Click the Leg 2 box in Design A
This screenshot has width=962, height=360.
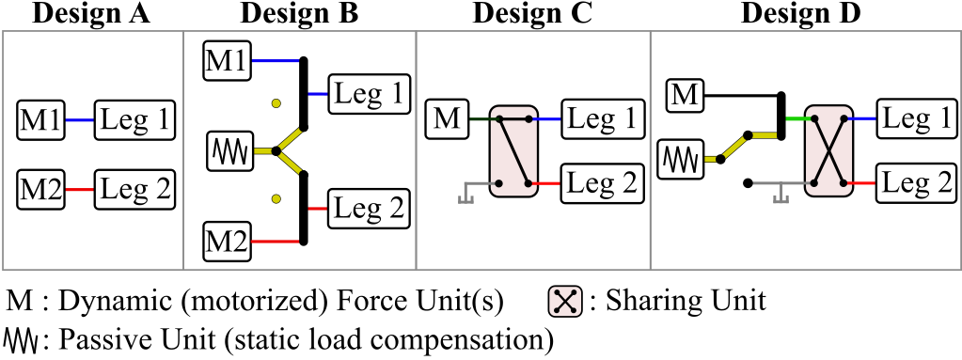coord(135,190)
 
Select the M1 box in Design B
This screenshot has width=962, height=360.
coord(226,60)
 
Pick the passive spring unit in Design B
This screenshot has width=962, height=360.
coord(230,149)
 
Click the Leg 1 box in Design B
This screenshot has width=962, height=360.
coord(369,95)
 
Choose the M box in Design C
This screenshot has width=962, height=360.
coord(448,119)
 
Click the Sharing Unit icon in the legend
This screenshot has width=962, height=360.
coord(564,302)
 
